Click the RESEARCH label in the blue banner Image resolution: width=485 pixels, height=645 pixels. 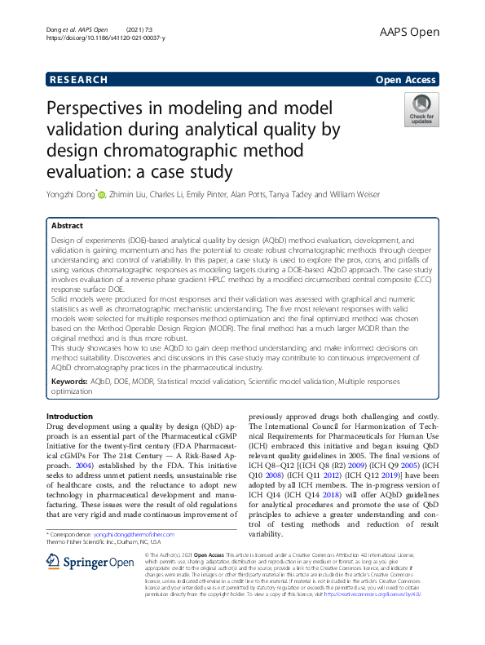coord(78,80)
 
